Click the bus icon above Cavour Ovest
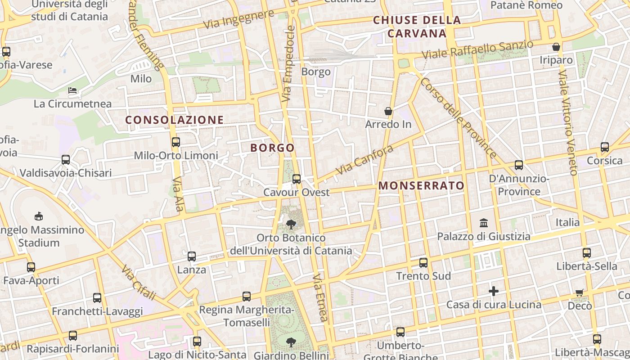coord(296,179)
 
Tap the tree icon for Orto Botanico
coord(291,224)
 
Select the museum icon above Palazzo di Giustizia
coord(484,223)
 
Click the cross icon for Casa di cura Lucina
coord(494,291)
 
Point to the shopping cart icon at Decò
coord(580,292)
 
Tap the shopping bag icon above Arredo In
coord(388,111)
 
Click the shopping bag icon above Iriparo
coord(556,47)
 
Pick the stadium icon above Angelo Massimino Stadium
coord(39,216)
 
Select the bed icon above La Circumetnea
coord(72,90)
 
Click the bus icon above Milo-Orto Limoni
coord(175,142)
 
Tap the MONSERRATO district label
coord(421,185)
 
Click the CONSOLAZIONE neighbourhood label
coord(174,120)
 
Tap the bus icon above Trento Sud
coord(423,263)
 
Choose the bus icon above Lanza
coord(192,256)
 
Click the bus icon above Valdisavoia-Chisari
coord(66,160)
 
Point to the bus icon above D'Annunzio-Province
coord(519,165)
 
